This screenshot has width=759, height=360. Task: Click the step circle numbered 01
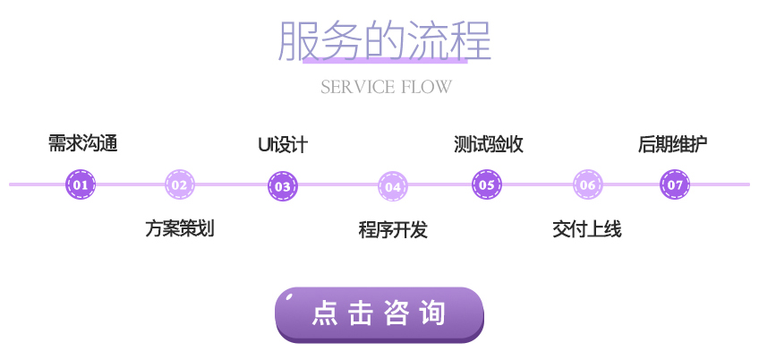coord(81,185)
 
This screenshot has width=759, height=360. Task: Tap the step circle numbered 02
coord(180,185)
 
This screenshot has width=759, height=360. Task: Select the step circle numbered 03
coord(283,186)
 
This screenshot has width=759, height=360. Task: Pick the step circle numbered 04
coord(392,186)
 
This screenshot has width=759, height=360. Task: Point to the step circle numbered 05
coord(487,185)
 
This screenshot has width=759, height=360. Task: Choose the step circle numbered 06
coord(587,185)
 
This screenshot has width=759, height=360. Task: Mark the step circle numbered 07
coord(675,185)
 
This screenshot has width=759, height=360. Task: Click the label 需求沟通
coord(83,143)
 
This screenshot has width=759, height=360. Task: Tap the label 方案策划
coord(180,228)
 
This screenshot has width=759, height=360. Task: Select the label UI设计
coord(283,144)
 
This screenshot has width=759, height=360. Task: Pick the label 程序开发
coord(393,229)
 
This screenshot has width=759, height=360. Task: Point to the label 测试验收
coord(489,144)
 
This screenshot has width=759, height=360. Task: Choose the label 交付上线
coord(587,229)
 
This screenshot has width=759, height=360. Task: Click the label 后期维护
coord(673,143)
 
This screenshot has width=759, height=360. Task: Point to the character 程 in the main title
coord(470,40)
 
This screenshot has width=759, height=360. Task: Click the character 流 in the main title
coord(427,40)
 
